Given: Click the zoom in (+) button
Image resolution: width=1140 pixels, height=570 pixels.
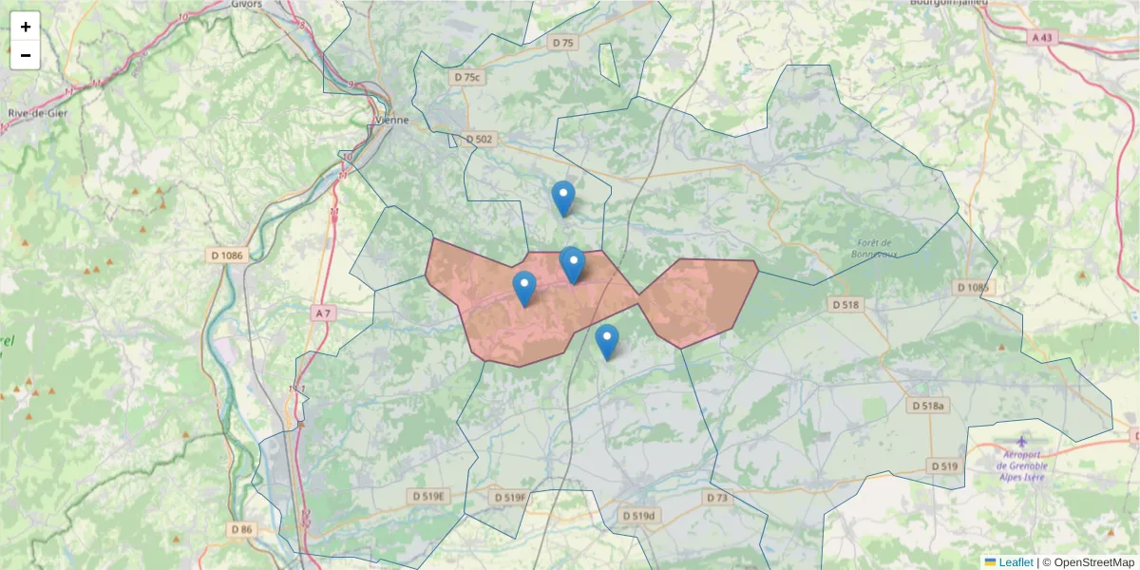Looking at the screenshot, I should coord(26,27).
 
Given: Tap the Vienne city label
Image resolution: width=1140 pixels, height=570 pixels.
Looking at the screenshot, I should coord(392,120).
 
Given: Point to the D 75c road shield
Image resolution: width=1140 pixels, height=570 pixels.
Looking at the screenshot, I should coord(467,77).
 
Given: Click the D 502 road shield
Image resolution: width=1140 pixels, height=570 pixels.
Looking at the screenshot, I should coord(480,139).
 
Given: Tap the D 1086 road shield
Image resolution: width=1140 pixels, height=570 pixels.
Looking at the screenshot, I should coord(225,256).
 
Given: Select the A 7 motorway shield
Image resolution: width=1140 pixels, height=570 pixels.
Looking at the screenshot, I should coord(324,313).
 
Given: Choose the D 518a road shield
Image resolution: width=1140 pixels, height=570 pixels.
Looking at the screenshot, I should coord(929,406).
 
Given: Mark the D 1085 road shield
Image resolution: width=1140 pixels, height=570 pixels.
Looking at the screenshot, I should coord(974,287).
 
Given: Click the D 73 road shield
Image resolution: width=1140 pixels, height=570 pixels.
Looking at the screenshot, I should coord(717,498).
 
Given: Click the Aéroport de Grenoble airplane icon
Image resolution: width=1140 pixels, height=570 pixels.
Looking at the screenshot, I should coord(1021,442).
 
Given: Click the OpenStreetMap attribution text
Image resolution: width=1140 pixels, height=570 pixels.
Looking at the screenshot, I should coord(1094,562).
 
